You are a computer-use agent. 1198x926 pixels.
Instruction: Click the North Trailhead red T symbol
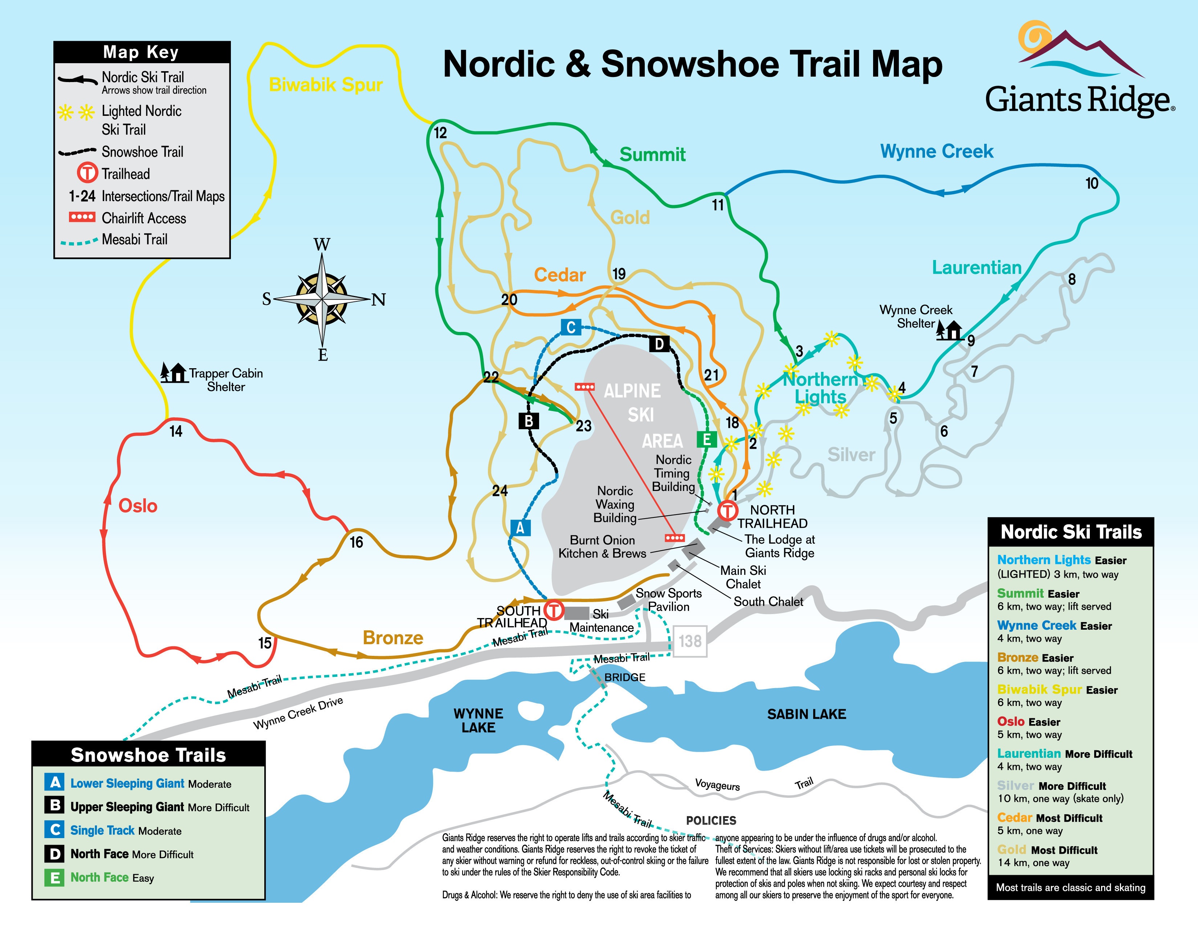click(728, 511)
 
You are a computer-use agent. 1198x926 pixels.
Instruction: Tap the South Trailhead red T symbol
click(554, 610)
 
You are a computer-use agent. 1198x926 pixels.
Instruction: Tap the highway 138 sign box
click(689, 641)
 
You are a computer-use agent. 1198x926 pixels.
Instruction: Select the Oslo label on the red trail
click(138, 505)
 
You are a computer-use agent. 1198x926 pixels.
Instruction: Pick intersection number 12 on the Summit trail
click(440, 133)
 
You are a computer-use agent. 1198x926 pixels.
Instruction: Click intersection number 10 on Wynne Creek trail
click(1092, 183)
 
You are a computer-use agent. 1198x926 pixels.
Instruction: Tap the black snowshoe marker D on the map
click(659, 344)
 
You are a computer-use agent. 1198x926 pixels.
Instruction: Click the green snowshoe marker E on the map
click(706, 439)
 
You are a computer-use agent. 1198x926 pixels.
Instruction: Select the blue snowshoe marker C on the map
click(570, 328)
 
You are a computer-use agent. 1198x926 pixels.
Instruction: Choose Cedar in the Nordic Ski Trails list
click(1014, 817)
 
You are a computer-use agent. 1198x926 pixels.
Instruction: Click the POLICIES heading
click(711, 820)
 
